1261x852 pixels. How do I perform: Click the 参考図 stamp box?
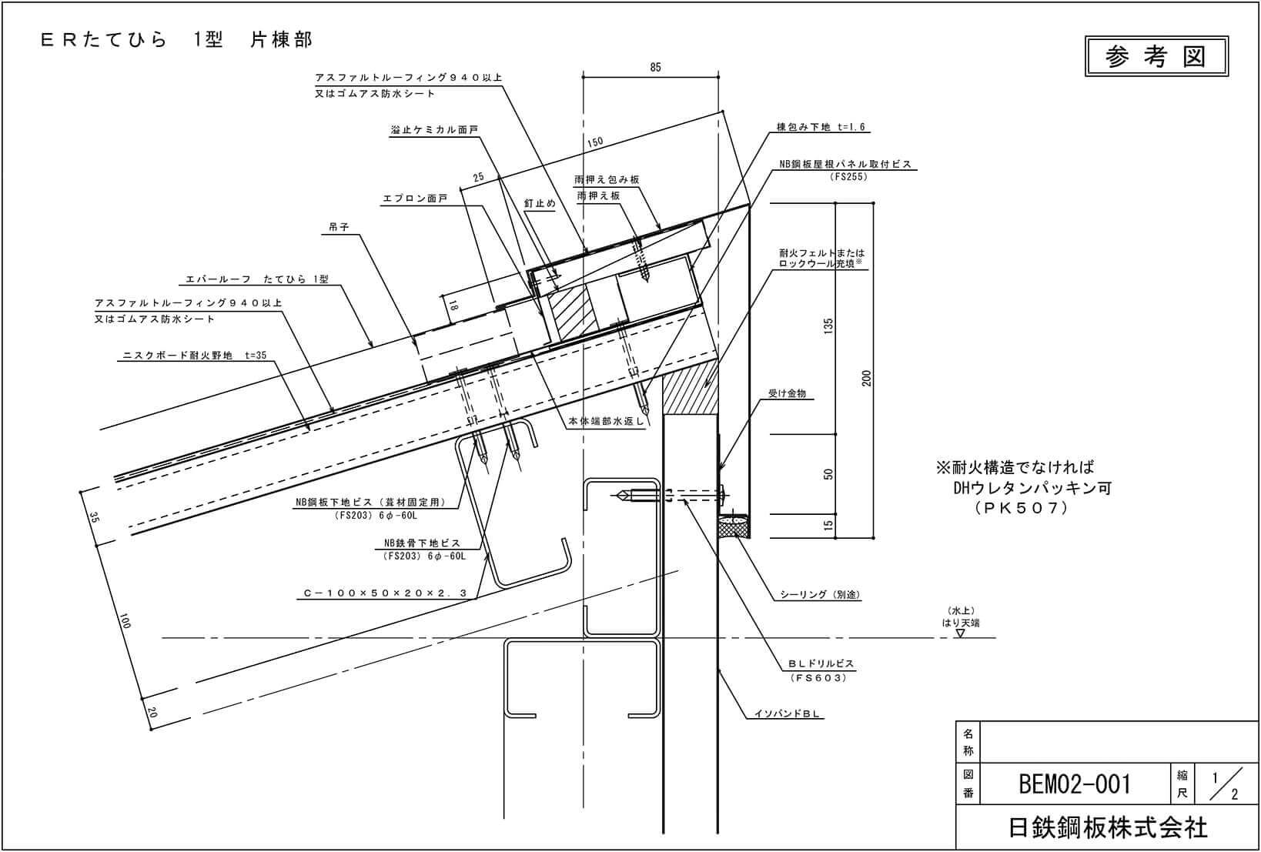tap(1156, 56)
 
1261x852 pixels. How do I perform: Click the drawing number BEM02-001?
tap(1075, 784)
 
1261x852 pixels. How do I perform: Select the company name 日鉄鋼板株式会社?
tap(1108, 827)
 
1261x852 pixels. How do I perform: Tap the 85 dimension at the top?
tap(655, 68)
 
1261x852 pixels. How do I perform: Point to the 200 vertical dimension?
tap(867, 378)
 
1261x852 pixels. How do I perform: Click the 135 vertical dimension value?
tap(828, 326)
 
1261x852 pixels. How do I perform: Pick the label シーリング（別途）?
tap(820, 594)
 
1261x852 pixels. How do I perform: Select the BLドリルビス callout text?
tap(821, 663)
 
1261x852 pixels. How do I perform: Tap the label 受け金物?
tap(787, 393)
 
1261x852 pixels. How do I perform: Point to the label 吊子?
tap(339, 228)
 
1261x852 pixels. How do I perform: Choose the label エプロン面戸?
tap(415, 199)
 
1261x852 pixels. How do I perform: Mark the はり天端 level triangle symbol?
tap(960, 634)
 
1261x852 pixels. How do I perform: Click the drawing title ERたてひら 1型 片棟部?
tap(177, 40)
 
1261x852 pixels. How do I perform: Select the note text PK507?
tap(1021, 508)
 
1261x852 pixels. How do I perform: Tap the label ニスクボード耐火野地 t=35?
tap(196, 356)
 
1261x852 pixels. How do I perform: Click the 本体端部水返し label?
tap(606, 422)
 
